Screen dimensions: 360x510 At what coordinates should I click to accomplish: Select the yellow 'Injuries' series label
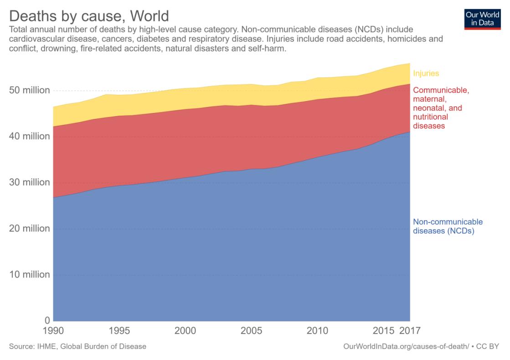426,73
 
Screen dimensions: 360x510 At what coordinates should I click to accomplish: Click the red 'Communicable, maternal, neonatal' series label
441,108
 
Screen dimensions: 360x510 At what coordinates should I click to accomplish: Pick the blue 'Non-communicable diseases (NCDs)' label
448,226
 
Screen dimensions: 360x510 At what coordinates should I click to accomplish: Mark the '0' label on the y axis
47,320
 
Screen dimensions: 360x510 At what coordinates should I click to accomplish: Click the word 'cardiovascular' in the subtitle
34,39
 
